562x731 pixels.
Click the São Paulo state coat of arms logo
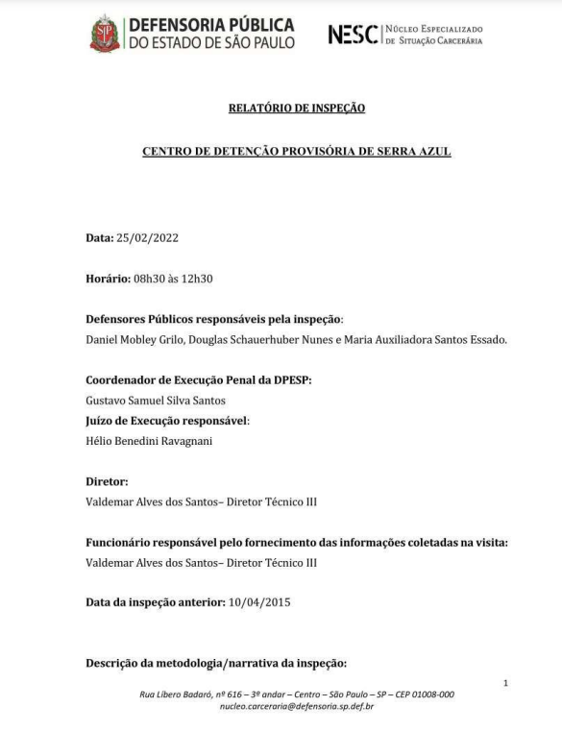[x=105, y=34]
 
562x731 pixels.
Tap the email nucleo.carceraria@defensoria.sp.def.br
[x=297, y=706]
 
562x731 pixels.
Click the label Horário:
[x=112, y=279]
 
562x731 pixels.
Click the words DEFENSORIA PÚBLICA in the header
[x=210, y=24]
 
